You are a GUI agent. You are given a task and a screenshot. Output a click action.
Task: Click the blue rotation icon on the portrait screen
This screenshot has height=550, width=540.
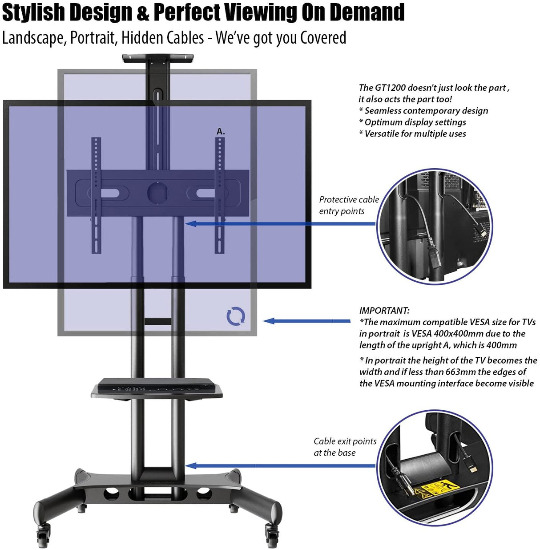pos(236,316)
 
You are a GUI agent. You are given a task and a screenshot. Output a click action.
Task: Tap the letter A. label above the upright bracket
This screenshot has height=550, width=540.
pos(221,131)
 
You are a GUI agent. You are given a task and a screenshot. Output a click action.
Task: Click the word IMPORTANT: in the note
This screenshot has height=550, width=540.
pos(384,311)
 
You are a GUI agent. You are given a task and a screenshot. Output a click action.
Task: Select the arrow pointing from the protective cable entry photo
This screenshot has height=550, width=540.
pos(280,223)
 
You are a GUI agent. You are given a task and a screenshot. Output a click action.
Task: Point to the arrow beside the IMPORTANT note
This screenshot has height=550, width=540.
pos(307,321)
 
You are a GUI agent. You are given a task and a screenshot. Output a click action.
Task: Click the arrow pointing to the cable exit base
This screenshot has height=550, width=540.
pos(280,466)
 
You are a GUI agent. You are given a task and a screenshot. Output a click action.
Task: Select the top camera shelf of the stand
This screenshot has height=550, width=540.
pos(158,58)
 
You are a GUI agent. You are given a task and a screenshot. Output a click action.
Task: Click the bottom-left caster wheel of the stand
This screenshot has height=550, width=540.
pos(44,536)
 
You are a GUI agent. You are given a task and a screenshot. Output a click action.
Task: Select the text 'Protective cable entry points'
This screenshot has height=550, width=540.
pos(349,205)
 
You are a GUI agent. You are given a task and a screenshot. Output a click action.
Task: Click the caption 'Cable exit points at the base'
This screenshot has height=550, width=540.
pos(345,447)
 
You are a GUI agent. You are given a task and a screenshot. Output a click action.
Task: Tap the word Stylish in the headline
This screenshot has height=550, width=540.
pos(33,12)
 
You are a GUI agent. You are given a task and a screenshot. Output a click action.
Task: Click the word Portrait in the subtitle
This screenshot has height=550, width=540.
pos(93,38)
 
